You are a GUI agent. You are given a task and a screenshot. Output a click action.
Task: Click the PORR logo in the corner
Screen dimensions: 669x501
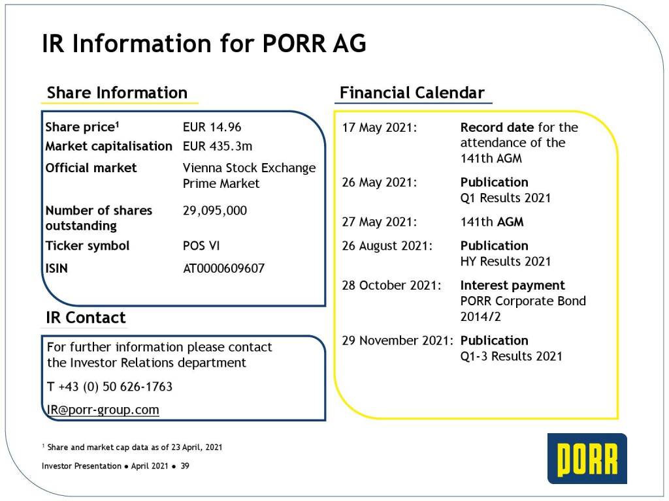pos(587,459)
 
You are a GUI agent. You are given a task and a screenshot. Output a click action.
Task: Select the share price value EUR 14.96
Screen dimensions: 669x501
pos(212,127)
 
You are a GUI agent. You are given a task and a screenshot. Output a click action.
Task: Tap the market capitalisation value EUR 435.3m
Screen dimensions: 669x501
pos(218,146)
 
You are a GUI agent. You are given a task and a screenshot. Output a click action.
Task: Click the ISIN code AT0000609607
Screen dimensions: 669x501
pos(224,268)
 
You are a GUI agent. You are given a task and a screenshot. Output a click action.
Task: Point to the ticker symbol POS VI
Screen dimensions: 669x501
pos(201,246)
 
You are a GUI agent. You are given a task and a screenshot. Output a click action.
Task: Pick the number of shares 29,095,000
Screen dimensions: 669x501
pos(215,211)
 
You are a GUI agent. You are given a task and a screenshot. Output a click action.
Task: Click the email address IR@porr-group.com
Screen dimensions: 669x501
pos(103,410)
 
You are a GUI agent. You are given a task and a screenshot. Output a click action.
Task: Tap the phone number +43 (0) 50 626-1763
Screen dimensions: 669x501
pos(115,386)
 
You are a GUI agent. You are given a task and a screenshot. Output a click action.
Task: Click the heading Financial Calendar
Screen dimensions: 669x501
pos(412,93)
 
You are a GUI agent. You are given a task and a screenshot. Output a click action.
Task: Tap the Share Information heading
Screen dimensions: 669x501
pos(118,93)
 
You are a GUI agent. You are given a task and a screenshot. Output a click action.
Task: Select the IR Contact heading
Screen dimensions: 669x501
pos(86,318)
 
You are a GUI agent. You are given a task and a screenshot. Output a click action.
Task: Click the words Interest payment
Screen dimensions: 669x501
pos(512,285)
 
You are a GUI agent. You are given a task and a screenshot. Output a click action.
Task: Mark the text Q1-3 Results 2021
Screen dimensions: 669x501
pos(511,356)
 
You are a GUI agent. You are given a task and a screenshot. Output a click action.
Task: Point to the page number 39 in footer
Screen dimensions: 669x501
pos(185,466)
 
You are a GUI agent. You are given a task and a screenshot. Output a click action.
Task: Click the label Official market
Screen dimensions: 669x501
pos(91,168)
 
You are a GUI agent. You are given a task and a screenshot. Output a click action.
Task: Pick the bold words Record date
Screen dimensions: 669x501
pos(497,127)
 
